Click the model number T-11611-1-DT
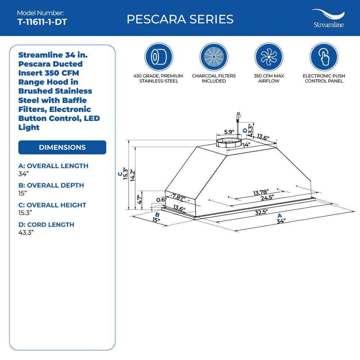click(x=42, y=22)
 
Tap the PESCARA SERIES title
click(x=180, y=19)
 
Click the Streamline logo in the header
click(x=328, y=19)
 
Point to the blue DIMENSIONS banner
click(x=62, y=147)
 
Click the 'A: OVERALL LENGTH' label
click(x=53, y=166)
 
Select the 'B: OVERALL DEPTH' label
click(x=51, y=185)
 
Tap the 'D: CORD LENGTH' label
click(x=46, y=225)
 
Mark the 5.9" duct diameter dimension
click(x=229, y=132)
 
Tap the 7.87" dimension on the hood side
click(x=179, y=197)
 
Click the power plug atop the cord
click(x=238, y=116)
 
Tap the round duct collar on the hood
click(x=228, y=142)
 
